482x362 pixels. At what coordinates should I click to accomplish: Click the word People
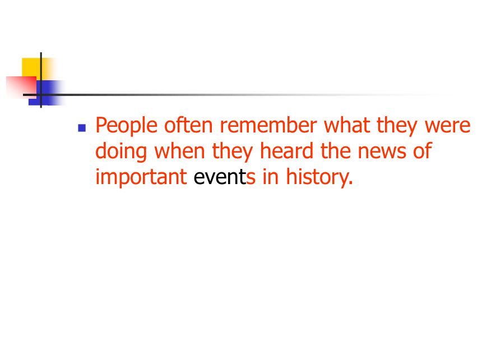coord(126,126)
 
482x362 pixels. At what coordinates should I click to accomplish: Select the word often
coord(188,125)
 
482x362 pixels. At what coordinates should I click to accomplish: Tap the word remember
coord(268,125)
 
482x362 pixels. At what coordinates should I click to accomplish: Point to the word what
coord(347,125)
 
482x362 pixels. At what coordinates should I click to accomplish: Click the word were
coord(447,126)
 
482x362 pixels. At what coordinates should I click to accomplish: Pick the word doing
coord(121,152)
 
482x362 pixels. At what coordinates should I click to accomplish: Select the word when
coord(179,151)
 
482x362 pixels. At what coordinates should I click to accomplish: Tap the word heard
coord(286,151)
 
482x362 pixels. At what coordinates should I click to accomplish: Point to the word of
coord(423,151)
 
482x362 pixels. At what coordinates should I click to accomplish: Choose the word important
coord(141,177)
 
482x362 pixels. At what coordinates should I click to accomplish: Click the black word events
coord(224,177)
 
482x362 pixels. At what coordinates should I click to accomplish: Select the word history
coord(319,177)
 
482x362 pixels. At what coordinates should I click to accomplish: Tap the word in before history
coord(271,177)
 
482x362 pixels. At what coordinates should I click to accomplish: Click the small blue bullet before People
coord(82,128)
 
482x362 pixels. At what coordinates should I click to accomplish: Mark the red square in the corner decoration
coord(21,88)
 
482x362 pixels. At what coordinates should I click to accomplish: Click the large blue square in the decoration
coord(45,93)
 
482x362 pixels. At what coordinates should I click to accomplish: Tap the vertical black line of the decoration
coord(41,80)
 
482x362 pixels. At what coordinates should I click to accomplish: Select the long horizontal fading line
coord(240,95)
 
